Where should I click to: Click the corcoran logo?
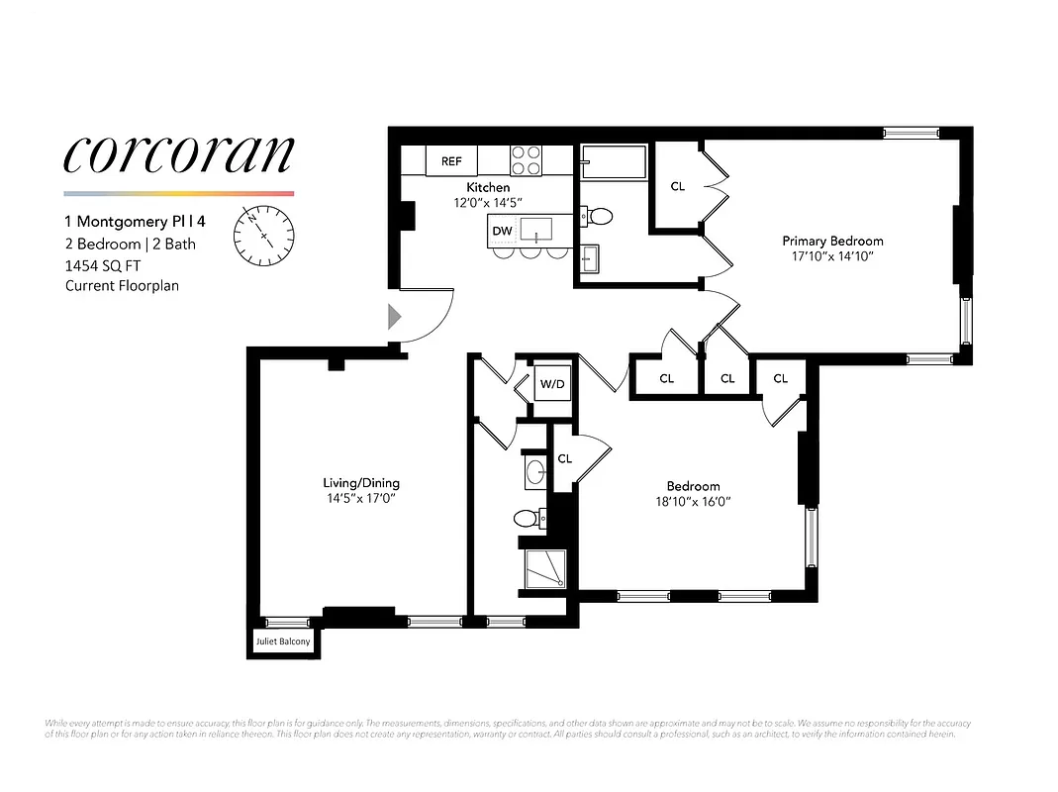click(x=178, y=153)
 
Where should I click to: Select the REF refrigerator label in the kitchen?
click(x=451, y=160)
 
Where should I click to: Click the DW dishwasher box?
click(x=501, y=232)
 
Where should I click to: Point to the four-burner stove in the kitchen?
click(x=526, y=159)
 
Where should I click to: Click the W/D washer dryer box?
click(x=551, y=383)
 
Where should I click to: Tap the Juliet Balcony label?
click(x=283, y=642)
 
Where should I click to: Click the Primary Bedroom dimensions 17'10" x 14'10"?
click(x=832, y=256)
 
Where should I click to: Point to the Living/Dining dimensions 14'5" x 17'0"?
click(x=361, y=499)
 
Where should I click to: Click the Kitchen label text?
click(x=488, y=187)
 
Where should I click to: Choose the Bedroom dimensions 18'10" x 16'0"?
click(x=693, y=502)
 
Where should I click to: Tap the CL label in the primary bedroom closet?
click(x=678, y=186)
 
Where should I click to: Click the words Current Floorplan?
click(x=122, y=286)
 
